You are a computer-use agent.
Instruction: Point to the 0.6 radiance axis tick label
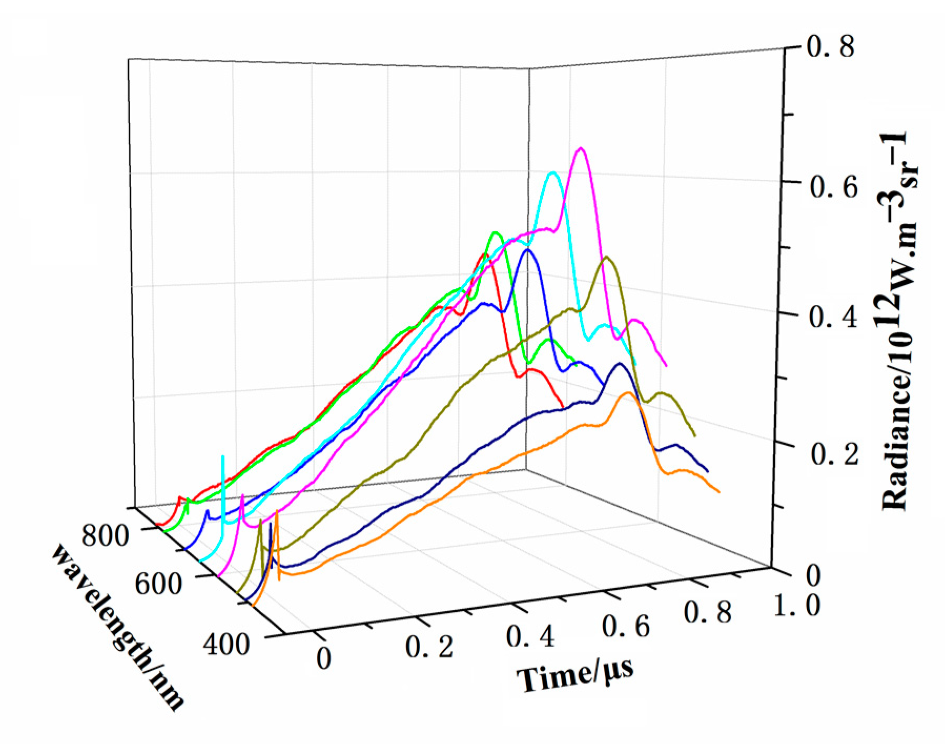(834, 188)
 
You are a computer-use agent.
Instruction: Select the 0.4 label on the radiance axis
(833, 318)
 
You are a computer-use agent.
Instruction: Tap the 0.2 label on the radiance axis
(835, 453)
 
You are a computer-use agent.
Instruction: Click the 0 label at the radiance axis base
(813, 576)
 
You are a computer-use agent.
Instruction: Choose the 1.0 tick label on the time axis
(797, 606)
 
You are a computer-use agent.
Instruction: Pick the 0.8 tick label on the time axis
(708, 613)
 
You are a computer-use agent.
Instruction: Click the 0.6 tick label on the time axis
(625, 627)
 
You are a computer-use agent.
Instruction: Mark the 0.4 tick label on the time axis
(530, 637)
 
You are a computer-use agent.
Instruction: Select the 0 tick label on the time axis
(324, 659)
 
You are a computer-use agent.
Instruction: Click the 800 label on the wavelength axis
(105, 536)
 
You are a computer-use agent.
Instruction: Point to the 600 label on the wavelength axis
(158, 584)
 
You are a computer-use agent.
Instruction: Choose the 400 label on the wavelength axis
(227, 644)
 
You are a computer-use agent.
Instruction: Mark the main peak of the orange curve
(626, 393)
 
